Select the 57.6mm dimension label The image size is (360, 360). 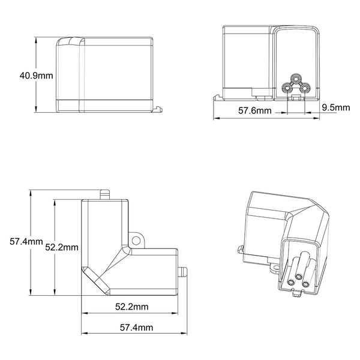point(255,110)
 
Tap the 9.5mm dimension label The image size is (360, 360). point(336,107)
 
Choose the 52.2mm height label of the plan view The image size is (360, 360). point(62,247)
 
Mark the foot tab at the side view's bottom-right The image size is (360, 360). point(158,109)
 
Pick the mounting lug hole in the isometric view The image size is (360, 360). point(241,250)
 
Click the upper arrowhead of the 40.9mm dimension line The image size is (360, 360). point(37,41)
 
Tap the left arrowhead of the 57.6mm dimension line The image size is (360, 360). point(217,118)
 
